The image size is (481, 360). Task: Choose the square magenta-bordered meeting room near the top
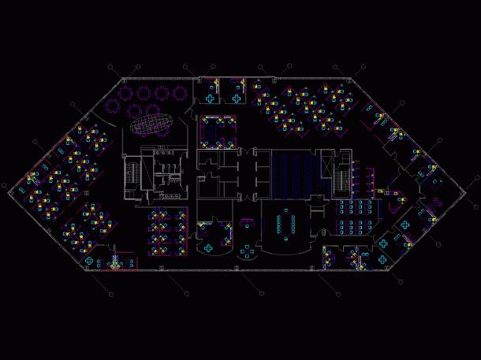pos(218,131)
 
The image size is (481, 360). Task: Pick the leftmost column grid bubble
pos(4,187)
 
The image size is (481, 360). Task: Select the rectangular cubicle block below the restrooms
pos(167,232)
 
